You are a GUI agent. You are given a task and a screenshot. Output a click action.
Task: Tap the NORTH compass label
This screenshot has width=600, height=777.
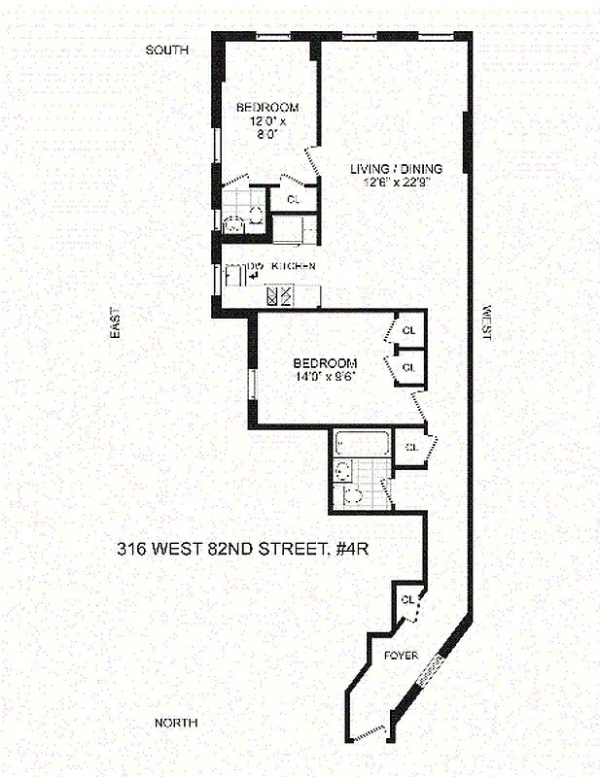177,723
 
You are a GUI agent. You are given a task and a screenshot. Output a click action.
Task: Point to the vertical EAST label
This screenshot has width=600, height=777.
114,323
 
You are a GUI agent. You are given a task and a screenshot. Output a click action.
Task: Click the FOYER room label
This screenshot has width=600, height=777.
401,656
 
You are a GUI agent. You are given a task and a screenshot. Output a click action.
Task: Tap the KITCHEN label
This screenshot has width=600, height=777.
293,266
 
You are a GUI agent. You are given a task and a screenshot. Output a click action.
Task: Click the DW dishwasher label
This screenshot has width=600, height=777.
257,266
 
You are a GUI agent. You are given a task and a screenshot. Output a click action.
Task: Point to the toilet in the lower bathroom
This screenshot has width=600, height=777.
354,495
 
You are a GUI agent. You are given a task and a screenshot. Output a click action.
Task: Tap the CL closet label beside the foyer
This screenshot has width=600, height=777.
407,598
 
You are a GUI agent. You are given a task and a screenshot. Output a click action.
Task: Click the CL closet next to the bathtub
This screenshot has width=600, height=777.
410,447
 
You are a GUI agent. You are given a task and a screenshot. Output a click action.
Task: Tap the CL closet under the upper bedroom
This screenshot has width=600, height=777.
294,199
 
